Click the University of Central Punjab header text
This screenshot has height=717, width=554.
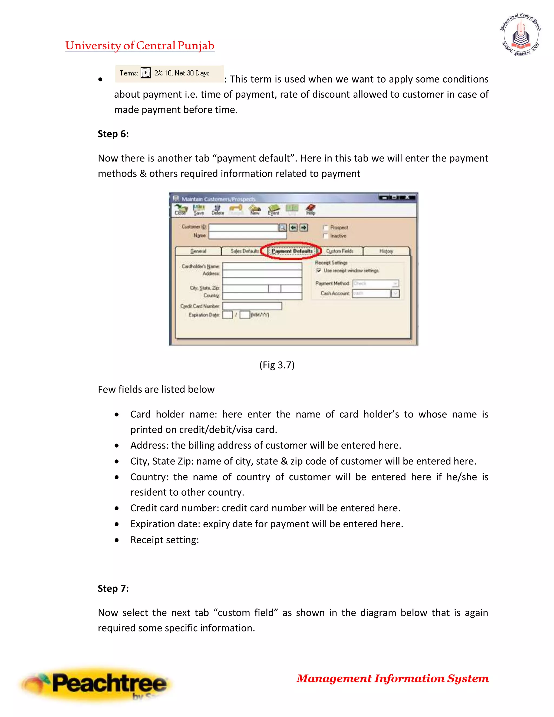(140, 46)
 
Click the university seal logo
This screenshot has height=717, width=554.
(520, 34)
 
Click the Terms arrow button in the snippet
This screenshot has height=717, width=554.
(145, 73)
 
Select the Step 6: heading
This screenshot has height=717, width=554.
(113, 134)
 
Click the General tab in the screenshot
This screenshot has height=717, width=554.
(198, 251)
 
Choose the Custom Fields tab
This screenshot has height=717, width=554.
(340, 251)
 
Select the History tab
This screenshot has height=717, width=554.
(386, 251)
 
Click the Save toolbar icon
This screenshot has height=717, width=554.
(199, 209)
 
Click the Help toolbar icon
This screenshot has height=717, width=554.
(311, 209)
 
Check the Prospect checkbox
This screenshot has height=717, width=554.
(326, 228)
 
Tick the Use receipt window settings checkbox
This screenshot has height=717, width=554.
(318, 271)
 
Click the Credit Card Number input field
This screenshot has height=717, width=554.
(252, 306)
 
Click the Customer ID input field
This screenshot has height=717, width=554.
(243, 227)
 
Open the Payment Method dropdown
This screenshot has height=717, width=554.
(395, 283)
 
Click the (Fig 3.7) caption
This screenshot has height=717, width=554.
(277, 365)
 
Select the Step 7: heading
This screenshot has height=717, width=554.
(113, 588)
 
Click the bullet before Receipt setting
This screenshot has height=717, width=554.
(117, 540)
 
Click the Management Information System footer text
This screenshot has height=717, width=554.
(393, 678)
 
